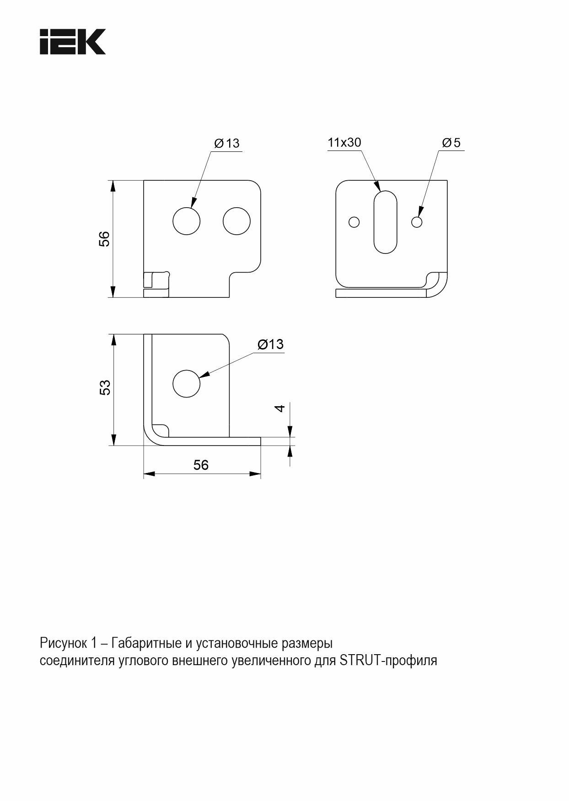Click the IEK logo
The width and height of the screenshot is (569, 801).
pos(73,42)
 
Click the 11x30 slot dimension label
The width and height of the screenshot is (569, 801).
pos(344,142)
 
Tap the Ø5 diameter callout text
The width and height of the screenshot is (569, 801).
pos(451,143)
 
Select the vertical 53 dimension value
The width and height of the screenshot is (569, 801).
pos(105,388)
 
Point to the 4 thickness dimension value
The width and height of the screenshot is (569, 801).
pos(280,408)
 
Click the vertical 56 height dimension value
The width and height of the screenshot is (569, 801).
pos(105,239)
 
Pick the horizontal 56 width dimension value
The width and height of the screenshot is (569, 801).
pos(201,465)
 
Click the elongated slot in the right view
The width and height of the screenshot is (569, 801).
pos(385,222)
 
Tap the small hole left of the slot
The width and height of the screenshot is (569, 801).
pos(354,222)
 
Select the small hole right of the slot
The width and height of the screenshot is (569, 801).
pos(417,222)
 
